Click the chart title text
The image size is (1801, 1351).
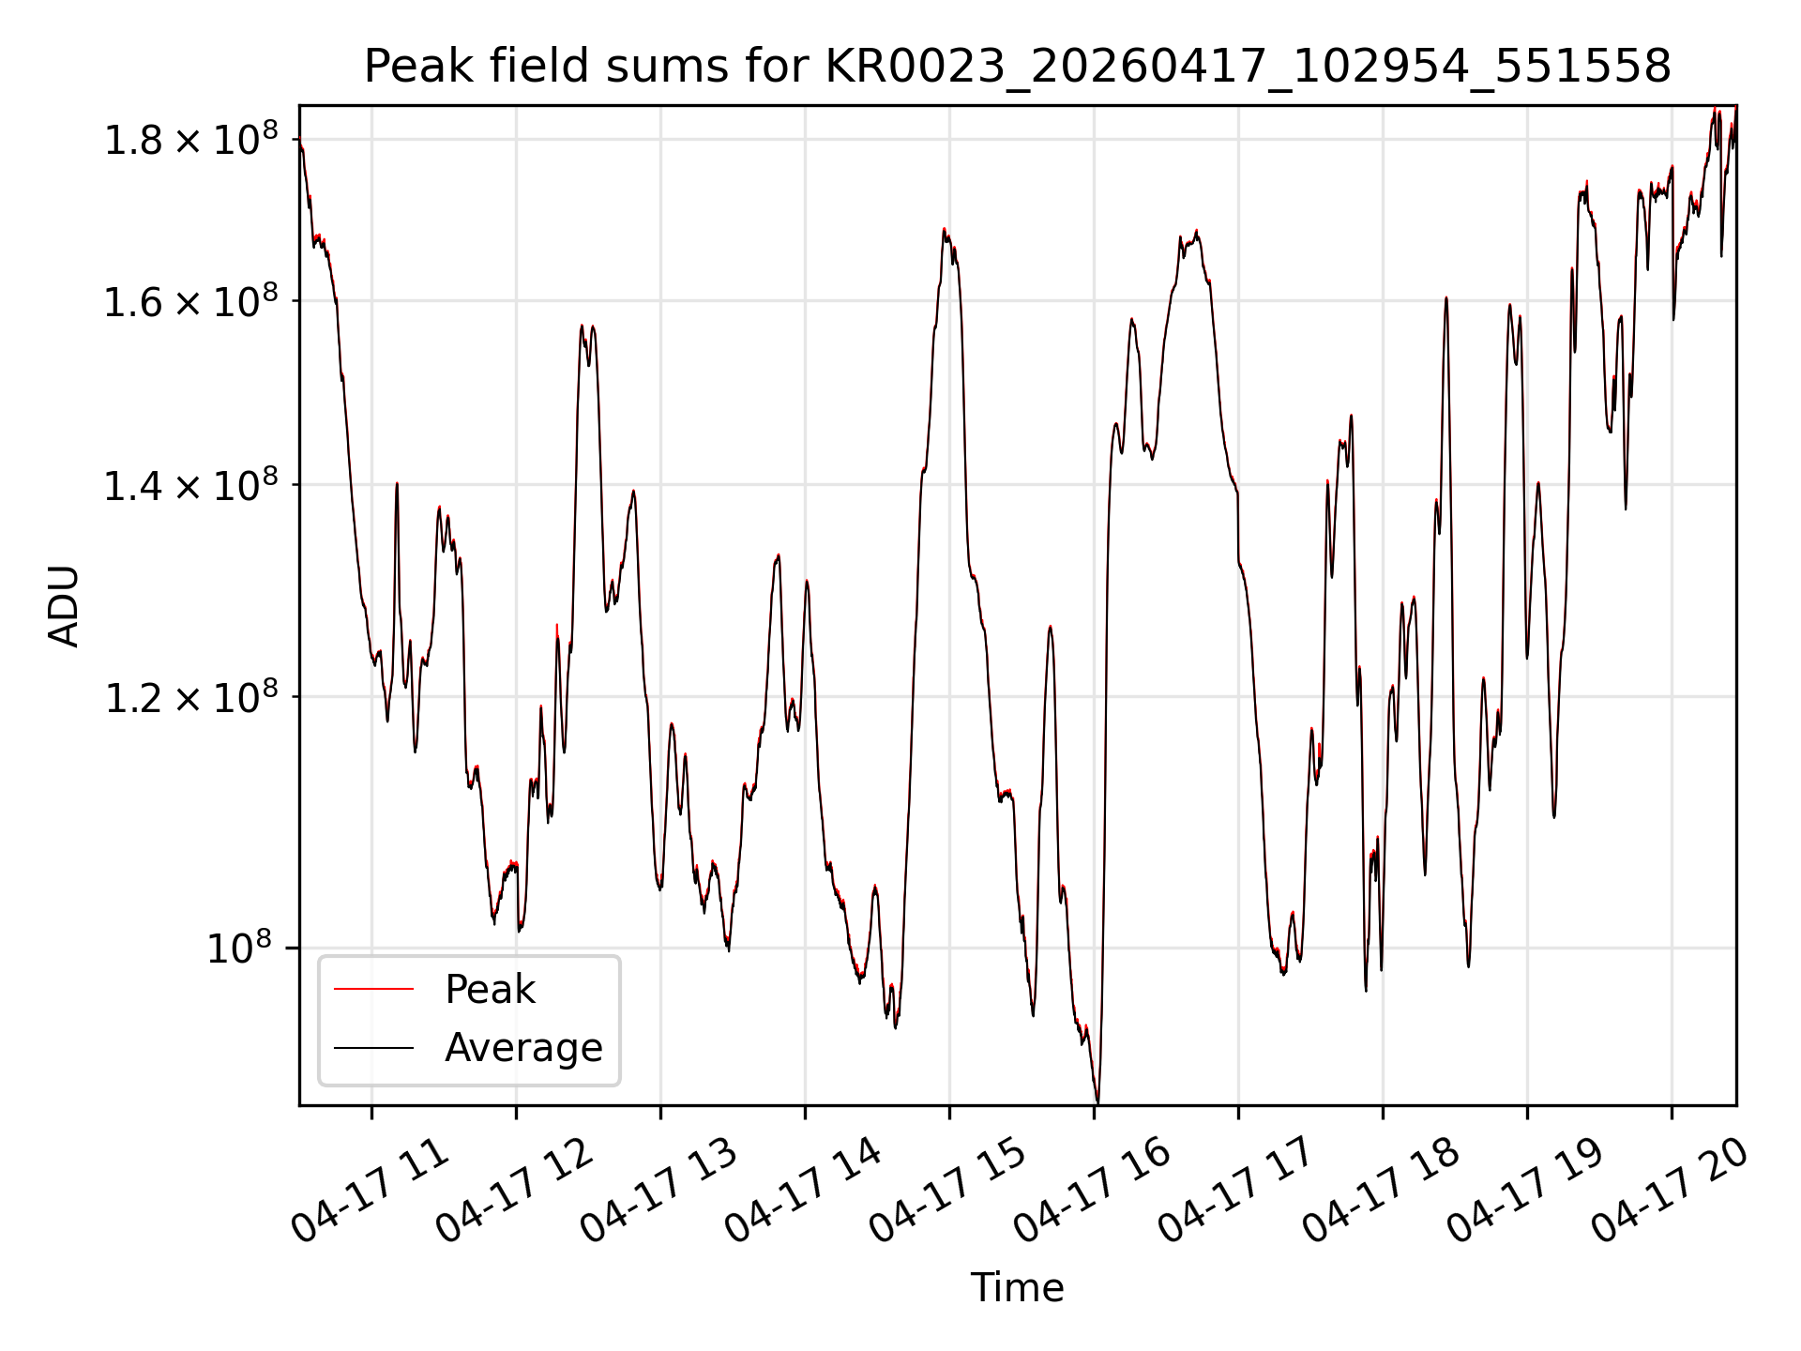click(x=1017, y=67)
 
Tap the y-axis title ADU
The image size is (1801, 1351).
click(x=64, y=606)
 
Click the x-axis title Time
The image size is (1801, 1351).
click(x=1017, y=1287)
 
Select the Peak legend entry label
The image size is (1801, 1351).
click(x=490, y=990)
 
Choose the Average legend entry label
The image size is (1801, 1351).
click(x=523, y=1047)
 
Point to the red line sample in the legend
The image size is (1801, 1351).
click(x=373, y=989)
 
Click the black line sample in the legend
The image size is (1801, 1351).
click(x=373, y=1047)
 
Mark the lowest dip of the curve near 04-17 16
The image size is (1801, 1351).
click(x=1097, y=1101)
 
